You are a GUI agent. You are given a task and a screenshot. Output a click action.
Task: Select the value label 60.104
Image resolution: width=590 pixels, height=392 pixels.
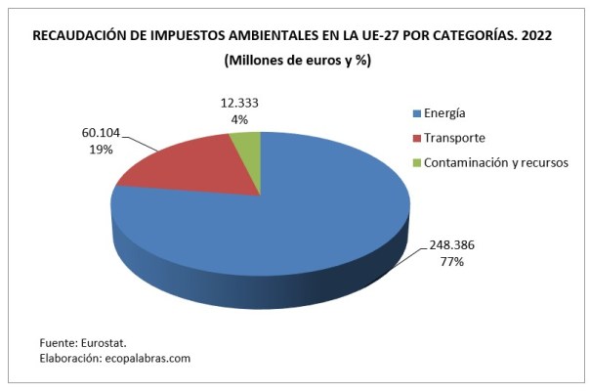coord(85,134)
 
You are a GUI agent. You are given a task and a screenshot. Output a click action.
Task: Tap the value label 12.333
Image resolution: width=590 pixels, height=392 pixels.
coord(238,103)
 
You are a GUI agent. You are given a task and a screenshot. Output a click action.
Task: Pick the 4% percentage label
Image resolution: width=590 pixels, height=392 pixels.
coord(238,119)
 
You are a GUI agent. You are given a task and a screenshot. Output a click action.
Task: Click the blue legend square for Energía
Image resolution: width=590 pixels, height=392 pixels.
coord(417,113)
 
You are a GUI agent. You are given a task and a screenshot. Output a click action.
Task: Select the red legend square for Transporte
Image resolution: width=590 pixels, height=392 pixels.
coord(417,138)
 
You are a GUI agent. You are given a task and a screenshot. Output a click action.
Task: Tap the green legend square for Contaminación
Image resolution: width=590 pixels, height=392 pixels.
coord(417,162)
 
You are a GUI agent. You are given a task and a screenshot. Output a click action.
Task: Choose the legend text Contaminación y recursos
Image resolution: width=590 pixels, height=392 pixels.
coord(496,162)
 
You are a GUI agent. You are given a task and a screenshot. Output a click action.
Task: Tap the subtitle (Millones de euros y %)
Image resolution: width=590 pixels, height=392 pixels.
coord(296,61)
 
